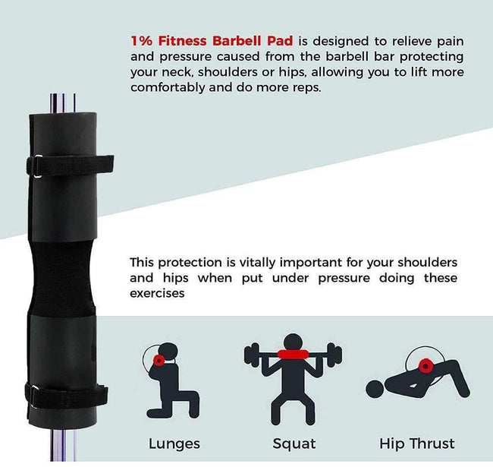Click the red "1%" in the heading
142,41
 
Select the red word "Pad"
280,41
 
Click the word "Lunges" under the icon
174,444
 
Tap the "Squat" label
294,444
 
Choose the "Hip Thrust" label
417,443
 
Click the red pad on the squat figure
293,355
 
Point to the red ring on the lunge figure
159,361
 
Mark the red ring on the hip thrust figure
425,366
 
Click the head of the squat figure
293,342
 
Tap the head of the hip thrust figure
375,389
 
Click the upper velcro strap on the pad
70,166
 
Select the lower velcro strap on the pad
66,396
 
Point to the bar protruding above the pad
62,103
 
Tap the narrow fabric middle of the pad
62,279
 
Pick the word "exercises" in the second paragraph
157,293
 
